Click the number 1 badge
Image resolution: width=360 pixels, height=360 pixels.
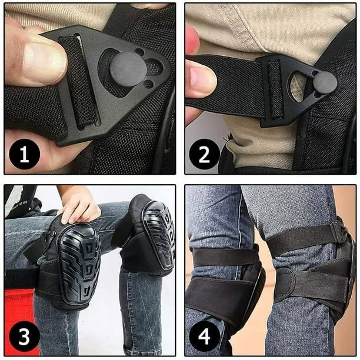tap(25, 154)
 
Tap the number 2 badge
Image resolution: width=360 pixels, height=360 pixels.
tap(204, 154)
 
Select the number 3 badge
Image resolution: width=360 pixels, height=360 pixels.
tap(25, 336)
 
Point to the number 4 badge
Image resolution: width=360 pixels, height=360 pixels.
tap(204, 336)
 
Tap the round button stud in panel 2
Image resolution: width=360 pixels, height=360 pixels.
tap(325, 82)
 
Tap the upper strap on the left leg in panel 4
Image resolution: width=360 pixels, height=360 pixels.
tap(225, 258)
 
